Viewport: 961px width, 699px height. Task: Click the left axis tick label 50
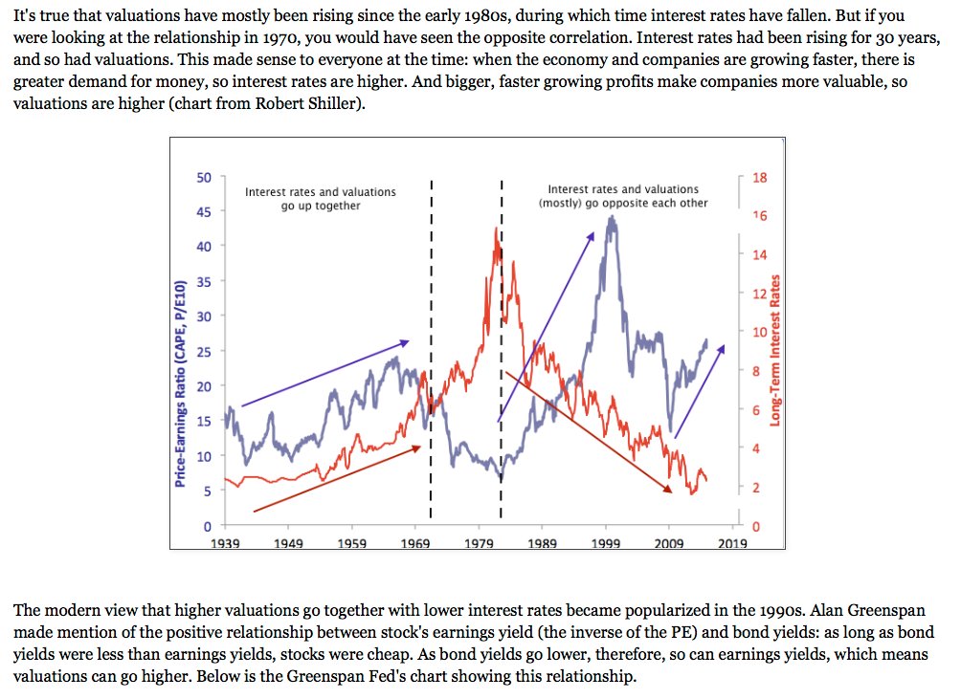point(205,177)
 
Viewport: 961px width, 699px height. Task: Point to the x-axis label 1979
point(479,543)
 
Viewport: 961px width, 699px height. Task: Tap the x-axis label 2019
point(733,543)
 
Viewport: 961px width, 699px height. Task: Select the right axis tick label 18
point(759,178)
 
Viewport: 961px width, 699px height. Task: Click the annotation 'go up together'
point(321,206)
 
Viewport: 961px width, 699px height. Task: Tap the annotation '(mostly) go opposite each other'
point(623,204)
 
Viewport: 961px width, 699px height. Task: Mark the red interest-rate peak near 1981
point(496,229)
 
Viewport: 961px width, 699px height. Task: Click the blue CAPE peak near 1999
point(611,220)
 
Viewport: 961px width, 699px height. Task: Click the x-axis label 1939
point(225,543)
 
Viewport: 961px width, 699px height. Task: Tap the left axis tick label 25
point(205,352)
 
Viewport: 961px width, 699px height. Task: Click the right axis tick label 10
point(759,332)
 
